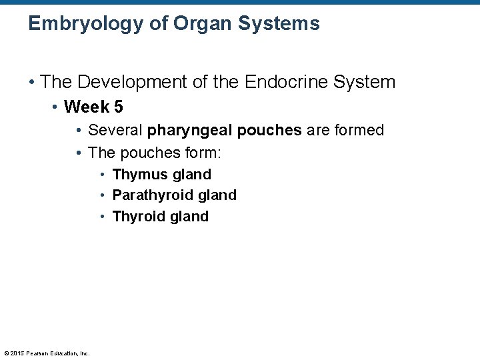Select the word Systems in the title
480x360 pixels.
[281, 25]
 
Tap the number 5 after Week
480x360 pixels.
[118, 107]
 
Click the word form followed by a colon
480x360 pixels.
[201, 153]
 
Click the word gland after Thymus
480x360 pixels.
[191, 175]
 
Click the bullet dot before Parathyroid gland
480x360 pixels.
[103, 195]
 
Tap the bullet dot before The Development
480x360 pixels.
[31, 83]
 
